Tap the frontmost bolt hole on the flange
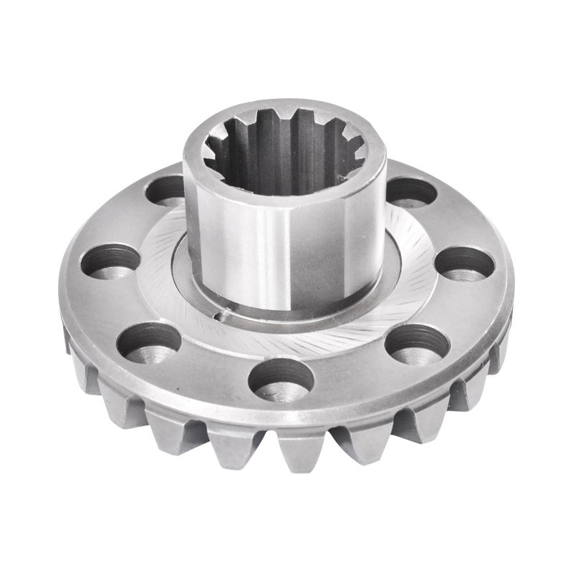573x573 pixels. pyautogui.click(x=281, y=380)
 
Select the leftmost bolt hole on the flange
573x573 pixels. pyautogui.click(x=110, y=261)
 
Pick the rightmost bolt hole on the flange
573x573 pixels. pyautogui.click(x=465, y=264)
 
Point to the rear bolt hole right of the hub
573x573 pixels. pyautogui.click(x=410, y=192)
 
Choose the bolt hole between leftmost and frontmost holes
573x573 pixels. pyautogui.click(x=148, y=342)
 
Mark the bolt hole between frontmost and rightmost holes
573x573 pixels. pyautogui.click(x=417, y=344)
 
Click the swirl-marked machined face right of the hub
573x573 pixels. pyautogui.click(x=412, y=286)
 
